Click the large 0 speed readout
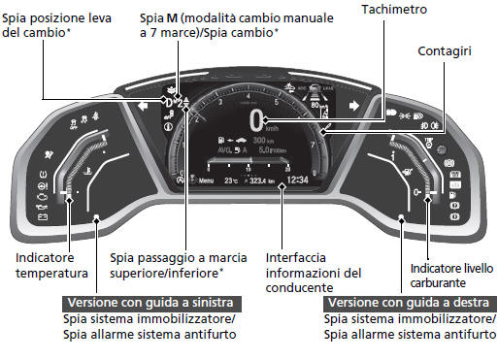click(x=256, y=120)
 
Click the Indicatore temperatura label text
click(x=52, y=266)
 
